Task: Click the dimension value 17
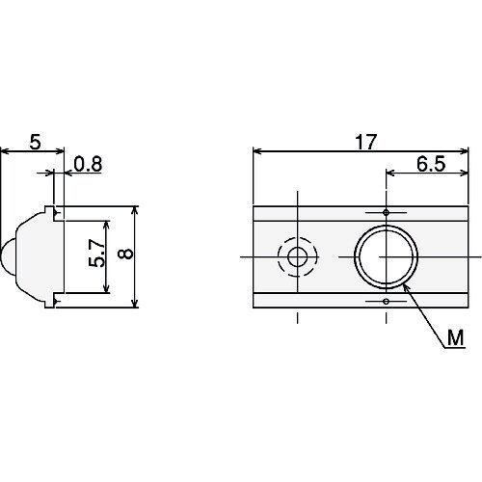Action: pyautogui.click(x=365, y=142)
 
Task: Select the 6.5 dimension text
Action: pyautogui.click(x=431, y=164)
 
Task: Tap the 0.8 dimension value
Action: pyautogui.click(x=88, y=164)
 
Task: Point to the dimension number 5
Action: pyautogui.click(x=36, y=142)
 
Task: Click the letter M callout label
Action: pyautogui.click(x=456, y=337)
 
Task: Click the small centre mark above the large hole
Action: pyautogui.click(x=387, y=212)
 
